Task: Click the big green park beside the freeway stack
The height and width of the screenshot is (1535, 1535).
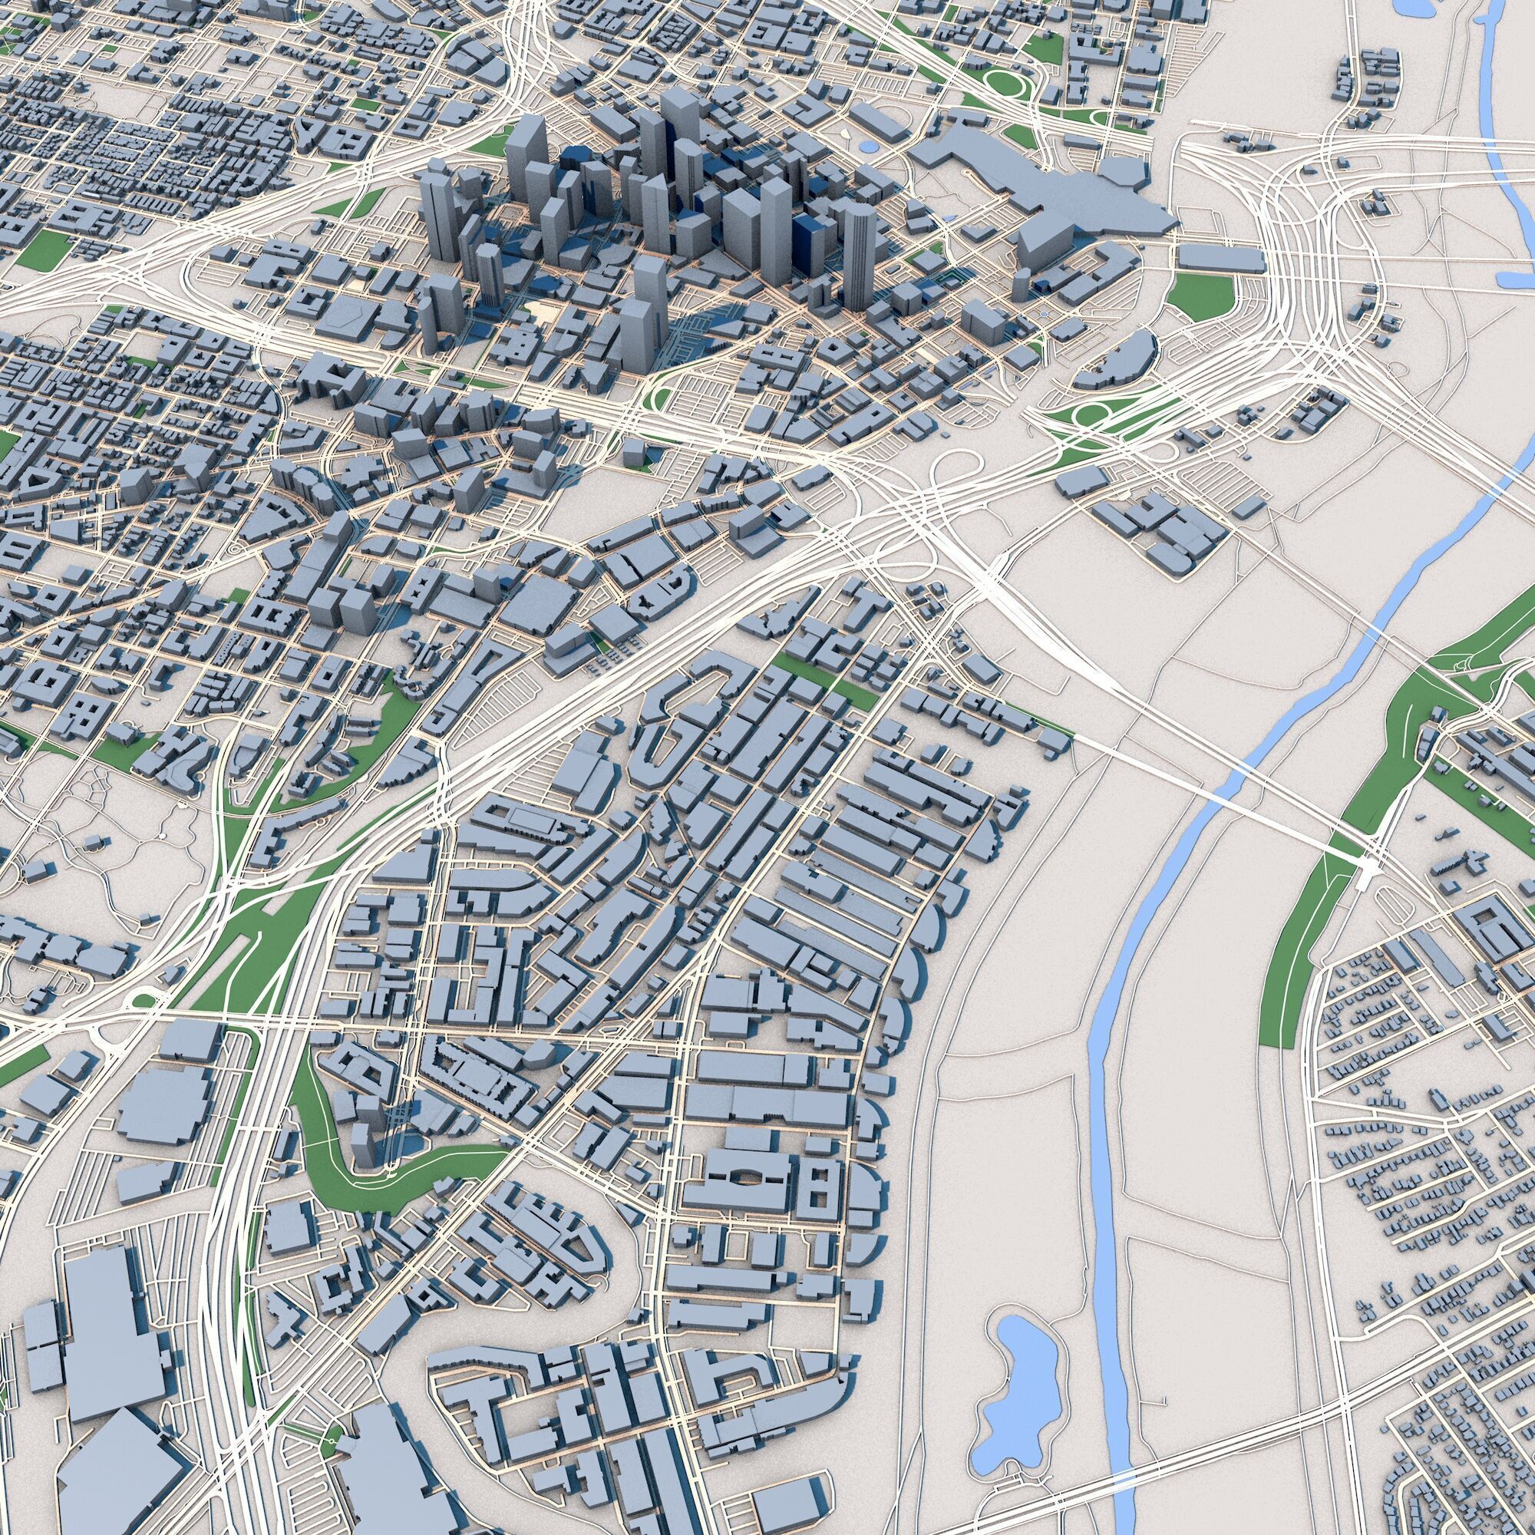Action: pos(1201,295)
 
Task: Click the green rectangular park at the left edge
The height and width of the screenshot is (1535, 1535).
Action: pos(45,248)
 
